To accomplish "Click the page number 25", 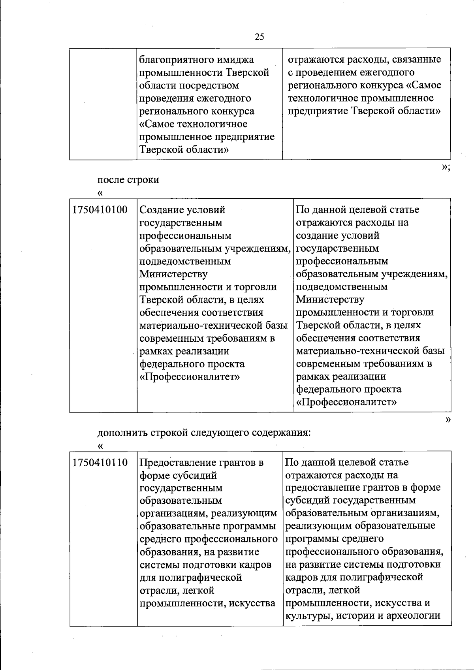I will coord(260,37).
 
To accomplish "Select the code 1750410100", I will coord(100,210).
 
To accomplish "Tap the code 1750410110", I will coord(100,463).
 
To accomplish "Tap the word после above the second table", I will coord(111,180).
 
